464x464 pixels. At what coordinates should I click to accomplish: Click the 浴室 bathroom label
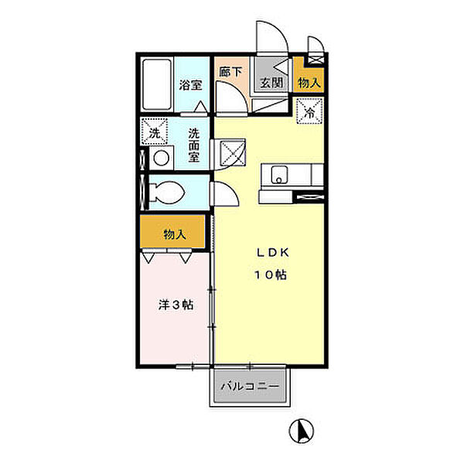pyautogui.click(x=190, y=85)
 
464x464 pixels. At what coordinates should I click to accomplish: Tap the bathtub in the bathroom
pyautogui.click(x=157, y=84)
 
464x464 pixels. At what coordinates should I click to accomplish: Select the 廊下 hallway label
pyautogui.click(x=230, y=72)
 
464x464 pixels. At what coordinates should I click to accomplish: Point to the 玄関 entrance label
pyautogui.click(x=271, y=83)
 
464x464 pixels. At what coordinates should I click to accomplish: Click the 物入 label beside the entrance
pyautogui.click(x=309, y=83)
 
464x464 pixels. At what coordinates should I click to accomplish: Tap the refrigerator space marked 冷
pyautogui.click(x=309, y=111)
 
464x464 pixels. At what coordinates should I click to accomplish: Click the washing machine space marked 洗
pyautogui.click(x=154, y=131)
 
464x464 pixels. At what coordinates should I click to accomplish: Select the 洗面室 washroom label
pyautogui.click(x=194, y=145)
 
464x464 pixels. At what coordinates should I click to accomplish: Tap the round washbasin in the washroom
pyautogui.click(x=162, y=158)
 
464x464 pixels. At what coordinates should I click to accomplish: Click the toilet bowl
pyautogui.click(x=167, y=193)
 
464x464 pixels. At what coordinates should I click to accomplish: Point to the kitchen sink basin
pyautogui.click(x=280, y=175)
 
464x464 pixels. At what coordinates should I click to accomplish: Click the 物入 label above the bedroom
pyautogui.click(x=175, y=234)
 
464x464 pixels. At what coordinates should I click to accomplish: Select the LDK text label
pyautogui.click(x=272, y=252)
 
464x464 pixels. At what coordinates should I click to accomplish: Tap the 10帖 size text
pyautogui.click(x=271, y=275)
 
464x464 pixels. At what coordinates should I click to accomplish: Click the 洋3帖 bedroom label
pyautogui.click(x=176, y=305)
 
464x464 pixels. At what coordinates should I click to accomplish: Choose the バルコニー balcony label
pyautogui.click(x=250, y=386)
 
